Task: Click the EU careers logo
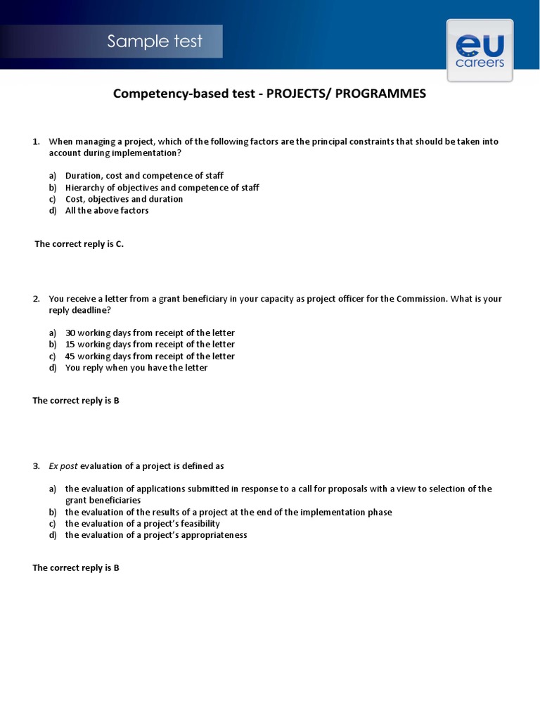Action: click(x=480, y=51)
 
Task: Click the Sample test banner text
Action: click(x=155, y=41)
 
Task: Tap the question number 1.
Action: click(x=36, y=141)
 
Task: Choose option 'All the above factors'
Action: click(x=107, y=210)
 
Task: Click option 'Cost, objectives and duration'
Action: click(x=124, y=199)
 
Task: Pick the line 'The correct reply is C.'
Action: click(x=79, y=244)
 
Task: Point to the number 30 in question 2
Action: click(x=70, y=333)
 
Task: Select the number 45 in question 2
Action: click(x=70, y=356)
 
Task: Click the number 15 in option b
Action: click(x=70, y=345)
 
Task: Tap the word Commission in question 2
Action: click(x=421, y=299)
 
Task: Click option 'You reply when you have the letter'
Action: click(x=136, y=368)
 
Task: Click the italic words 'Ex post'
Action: click(x=63, y=466)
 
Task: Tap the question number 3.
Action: click(x=36, y=466)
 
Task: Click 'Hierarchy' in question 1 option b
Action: click(x=84, y=188)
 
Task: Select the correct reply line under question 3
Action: click(x=76, y=568)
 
